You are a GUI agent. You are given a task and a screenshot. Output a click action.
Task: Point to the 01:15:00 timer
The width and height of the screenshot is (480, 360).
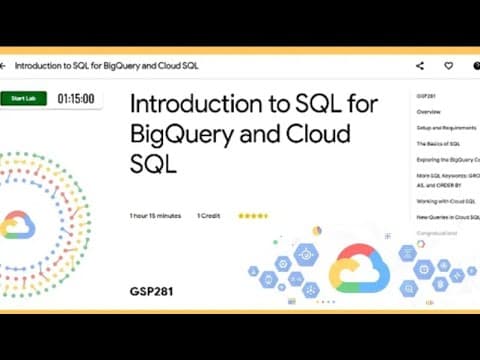click(75, 99)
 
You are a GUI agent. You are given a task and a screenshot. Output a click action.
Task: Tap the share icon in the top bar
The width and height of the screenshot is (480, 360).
click(419, 66)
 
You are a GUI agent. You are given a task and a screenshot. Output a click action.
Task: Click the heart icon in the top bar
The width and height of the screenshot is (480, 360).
click(449, 66)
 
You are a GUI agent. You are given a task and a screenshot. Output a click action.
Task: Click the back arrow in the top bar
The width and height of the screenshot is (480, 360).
click(5, 66)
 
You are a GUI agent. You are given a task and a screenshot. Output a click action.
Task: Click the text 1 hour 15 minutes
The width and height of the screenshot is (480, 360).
click(156, 215)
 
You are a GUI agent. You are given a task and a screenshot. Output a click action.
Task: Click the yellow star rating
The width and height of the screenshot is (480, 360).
click(252, 215)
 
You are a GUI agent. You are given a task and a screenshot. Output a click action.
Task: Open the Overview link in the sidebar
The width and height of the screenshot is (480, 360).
click(428, 112)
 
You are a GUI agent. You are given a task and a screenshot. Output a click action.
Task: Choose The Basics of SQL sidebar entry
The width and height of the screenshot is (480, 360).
click(437, 145)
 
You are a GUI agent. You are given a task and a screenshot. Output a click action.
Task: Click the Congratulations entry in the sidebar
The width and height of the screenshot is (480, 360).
click(438, 233)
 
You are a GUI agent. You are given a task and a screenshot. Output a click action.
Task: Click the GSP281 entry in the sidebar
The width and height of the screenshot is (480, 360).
click(427, 96)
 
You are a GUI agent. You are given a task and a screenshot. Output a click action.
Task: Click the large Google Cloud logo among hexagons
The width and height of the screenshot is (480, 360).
click(358, 268)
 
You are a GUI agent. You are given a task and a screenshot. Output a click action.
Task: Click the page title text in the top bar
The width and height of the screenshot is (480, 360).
click(105, 66)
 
